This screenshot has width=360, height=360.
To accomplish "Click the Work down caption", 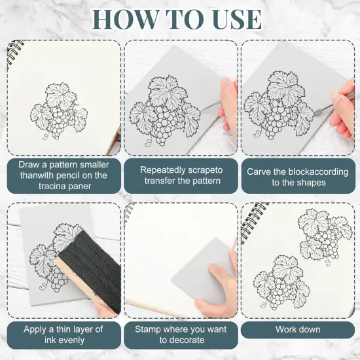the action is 298,329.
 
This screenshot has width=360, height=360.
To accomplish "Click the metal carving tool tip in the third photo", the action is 318,113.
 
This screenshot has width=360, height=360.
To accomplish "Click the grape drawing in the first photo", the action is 59,111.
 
